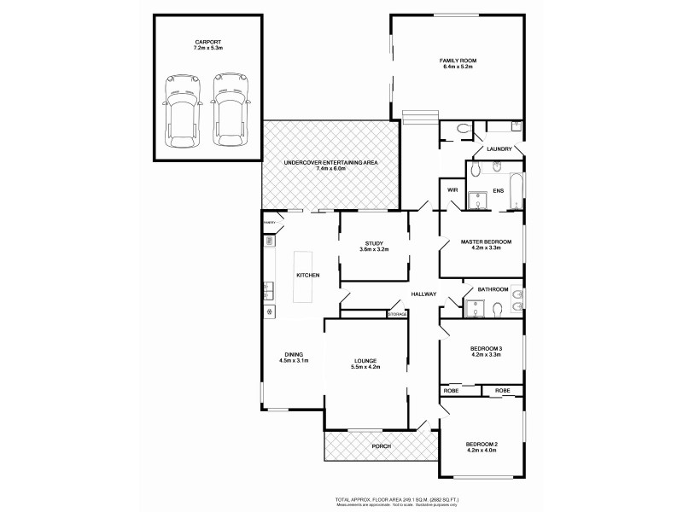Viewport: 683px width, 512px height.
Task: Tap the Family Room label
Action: click(x=458, y=61)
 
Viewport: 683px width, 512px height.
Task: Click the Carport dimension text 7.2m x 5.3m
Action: click(x=207, y=49)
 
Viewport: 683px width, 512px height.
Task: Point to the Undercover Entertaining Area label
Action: click(x=330, y=162)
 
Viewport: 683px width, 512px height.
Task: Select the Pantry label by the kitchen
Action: click(x=269, y=223)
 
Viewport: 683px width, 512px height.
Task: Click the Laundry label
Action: click(x=499, y=149)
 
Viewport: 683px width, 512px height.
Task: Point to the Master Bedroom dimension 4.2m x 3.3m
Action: click(x=486, y=249)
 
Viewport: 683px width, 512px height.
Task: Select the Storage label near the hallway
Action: click(x=398, y=315)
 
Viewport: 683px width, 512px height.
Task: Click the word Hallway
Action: click(x=423, y=294)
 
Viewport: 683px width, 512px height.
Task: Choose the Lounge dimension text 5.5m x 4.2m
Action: click(x=366, y=367)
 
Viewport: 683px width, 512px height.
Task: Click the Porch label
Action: click(x=380, y=446)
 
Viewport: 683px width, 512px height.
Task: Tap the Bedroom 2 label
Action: click(x=482, y=444)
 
